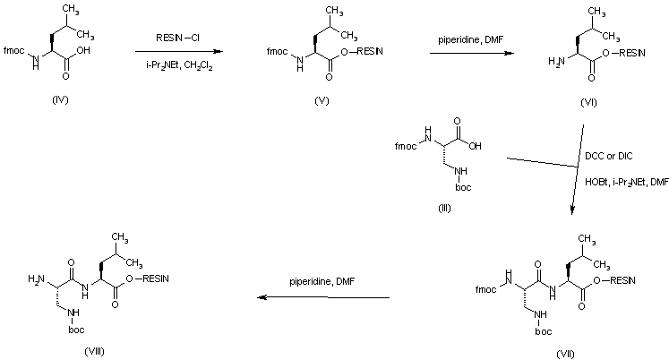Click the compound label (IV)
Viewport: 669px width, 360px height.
(x=61, y=99)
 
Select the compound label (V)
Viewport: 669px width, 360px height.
(x=322, y=99)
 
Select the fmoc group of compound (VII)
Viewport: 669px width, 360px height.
(x=485, y=290)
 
